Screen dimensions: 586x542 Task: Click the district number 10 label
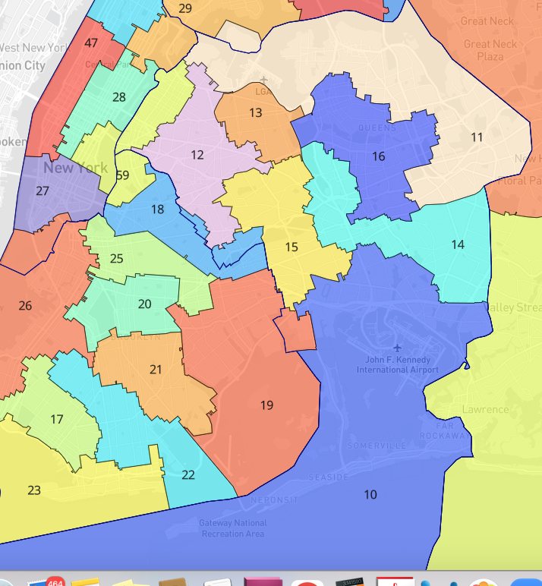click(x=370, y=495)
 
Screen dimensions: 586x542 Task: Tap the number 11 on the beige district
click(x=477, y=137)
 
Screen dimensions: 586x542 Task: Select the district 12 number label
click(x=197, y=155)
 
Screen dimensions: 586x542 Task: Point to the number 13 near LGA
click(x=256, y=113)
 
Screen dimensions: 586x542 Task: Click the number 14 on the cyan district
click(x=458, y=244)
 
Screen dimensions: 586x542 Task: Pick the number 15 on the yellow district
click(x=291, y=247)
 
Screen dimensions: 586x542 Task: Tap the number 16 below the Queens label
click(x=379, y=157)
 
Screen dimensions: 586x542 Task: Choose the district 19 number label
click(x=266, y=405)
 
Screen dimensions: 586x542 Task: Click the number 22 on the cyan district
click(x=188, y=475)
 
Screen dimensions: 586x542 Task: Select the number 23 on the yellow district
click(x=34, y=490)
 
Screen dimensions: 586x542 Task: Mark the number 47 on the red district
click(x=91, y=43)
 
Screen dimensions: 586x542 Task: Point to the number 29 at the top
click(x=185, y=8)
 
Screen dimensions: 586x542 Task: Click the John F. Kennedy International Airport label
click(x=398, y=364)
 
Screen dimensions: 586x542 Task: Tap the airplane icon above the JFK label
click(x=397, y=348)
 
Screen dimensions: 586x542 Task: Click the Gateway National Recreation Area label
click(x=233, y=528)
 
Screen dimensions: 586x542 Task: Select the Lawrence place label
click(x=485, y=410)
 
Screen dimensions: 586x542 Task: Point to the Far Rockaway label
click(x=452, y=430)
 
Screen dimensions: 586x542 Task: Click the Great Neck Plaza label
click(x=490, y=50)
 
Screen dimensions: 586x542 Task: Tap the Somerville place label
click(x=377, y=446)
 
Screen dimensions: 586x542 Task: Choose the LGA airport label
click(x=264, y=91)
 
